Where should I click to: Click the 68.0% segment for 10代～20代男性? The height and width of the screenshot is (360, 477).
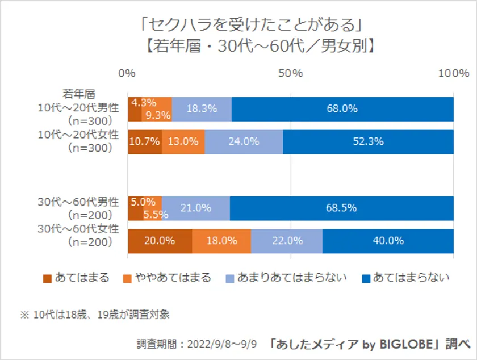[342, 109]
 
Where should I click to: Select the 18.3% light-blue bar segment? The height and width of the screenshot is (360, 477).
[202, 109]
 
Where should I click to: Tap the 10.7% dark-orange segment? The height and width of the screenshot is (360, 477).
[145, 142]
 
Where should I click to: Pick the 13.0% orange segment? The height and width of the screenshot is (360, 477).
[183, 142]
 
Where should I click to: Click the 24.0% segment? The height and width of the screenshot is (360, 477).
[244, 142]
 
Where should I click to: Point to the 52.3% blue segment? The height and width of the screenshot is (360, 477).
[368, 142]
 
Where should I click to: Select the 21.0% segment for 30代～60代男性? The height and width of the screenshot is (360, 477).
[196, 208]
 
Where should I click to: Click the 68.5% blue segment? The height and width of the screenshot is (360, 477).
[341, 208]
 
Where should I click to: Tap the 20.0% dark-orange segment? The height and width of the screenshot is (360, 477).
[160, 241]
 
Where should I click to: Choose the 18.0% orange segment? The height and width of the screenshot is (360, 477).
[221, 241]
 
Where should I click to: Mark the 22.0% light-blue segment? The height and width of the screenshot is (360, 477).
[287, 241]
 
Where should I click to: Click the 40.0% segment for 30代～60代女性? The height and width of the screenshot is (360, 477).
[388, 241]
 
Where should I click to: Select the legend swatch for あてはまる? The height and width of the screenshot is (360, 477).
[47, 278]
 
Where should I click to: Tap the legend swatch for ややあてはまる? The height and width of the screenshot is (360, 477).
[128, 278]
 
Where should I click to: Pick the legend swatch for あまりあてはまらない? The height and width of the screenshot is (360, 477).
[229, 278]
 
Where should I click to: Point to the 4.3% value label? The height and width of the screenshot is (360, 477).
[144, 103]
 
